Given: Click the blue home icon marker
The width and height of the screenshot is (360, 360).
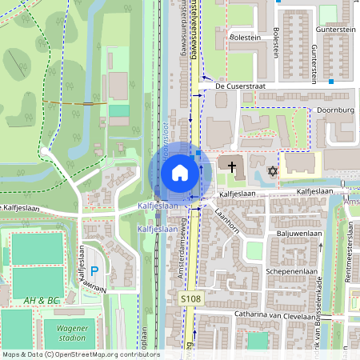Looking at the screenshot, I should tap(179, 172).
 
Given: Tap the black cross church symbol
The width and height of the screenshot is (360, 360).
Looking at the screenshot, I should tap(233, 168).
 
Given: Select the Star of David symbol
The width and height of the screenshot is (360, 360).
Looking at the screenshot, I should tap(271, 171).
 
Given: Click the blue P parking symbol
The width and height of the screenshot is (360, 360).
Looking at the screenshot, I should tap(94, 273).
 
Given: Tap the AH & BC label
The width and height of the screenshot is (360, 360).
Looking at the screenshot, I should tap(42, 299).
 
